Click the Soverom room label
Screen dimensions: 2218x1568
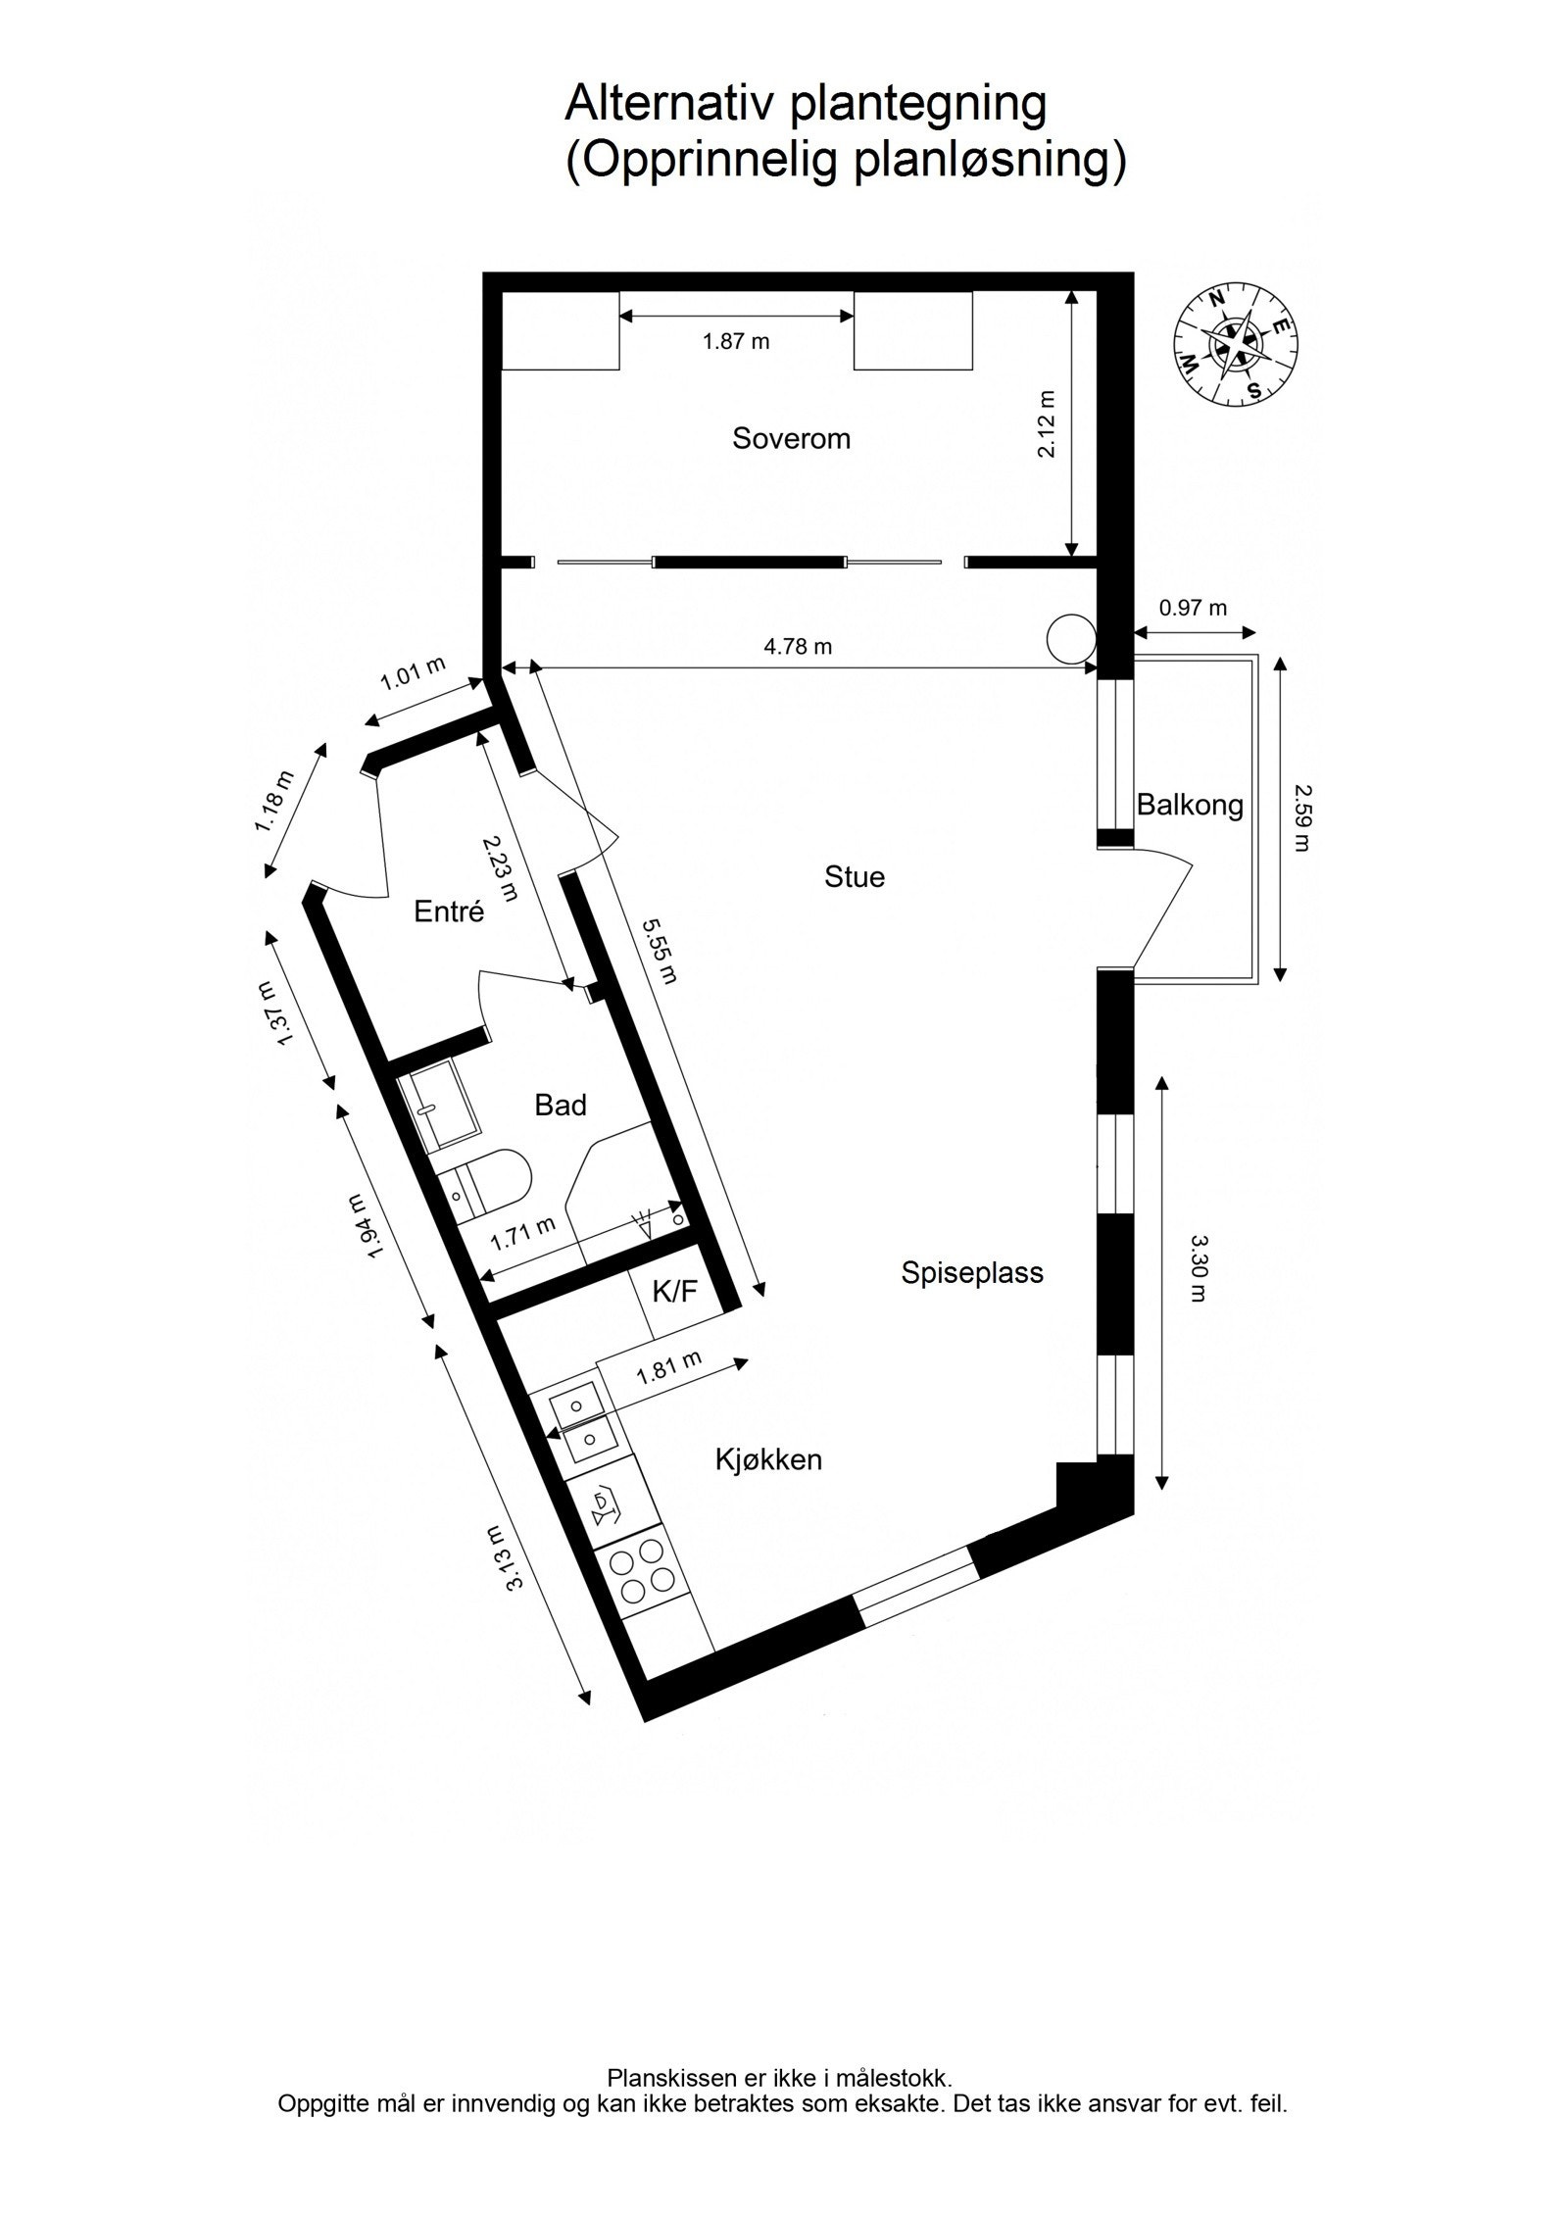tap(791, 438)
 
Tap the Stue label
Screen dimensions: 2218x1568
tap(854, 876)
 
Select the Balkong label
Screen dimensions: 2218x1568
tap(1189, 805)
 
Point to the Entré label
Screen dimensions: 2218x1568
tap(449, 912)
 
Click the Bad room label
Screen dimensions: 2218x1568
tap(560, 1105)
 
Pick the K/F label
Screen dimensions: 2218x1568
tap(674, 1291)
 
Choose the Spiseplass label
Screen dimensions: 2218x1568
tap(972, 1272)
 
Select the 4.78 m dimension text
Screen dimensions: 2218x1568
tap(798, 646)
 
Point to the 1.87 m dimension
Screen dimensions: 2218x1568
tap(736, 341)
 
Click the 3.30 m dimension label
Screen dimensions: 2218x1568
tap(1198, 1267)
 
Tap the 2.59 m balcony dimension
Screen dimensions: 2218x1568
tap(1300, 816)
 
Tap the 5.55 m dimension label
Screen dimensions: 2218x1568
tap(659, 951)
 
